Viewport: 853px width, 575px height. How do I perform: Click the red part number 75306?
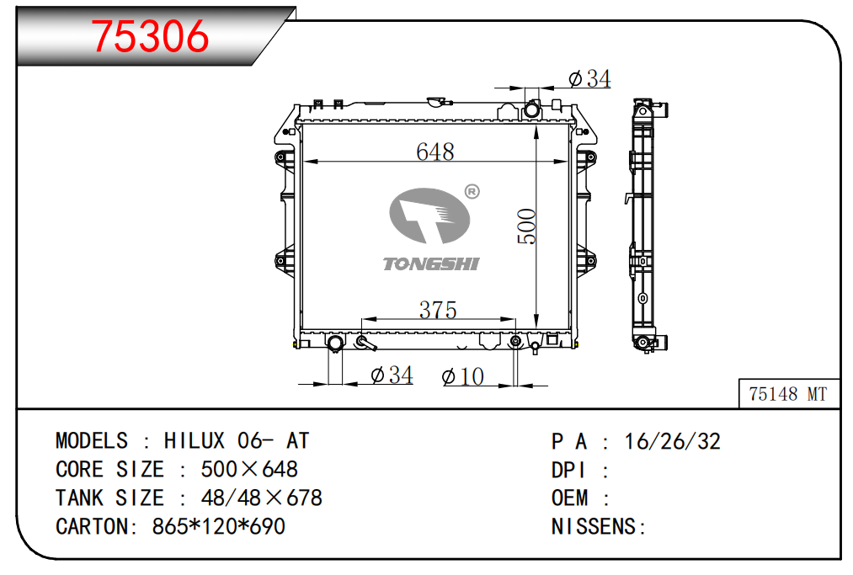pyautogui.click(x=150, y=36)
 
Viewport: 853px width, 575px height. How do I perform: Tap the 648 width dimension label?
pyautogui.click(x=434, y=152)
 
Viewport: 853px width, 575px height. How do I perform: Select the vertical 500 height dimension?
pyautogui.click(x=526, y=226)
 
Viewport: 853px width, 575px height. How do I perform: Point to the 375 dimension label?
pyautogui.click(x=438, y=310)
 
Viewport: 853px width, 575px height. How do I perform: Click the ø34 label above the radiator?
pyautogui.click(x=589, y=79)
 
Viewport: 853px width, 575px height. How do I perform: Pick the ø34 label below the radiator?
pyautogui.click(x=392, y=375)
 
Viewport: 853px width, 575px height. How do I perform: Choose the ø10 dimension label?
pyautogui.click(x=463, y=376)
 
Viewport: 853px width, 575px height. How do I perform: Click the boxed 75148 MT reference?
pyautogui.click(x=787, y=394)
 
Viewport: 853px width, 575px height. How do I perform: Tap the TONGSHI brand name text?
pyautogui.click(x=431, y=264)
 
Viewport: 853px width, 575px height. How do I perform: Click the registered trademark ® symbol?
pyautogui.click(x=472, y=191)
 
